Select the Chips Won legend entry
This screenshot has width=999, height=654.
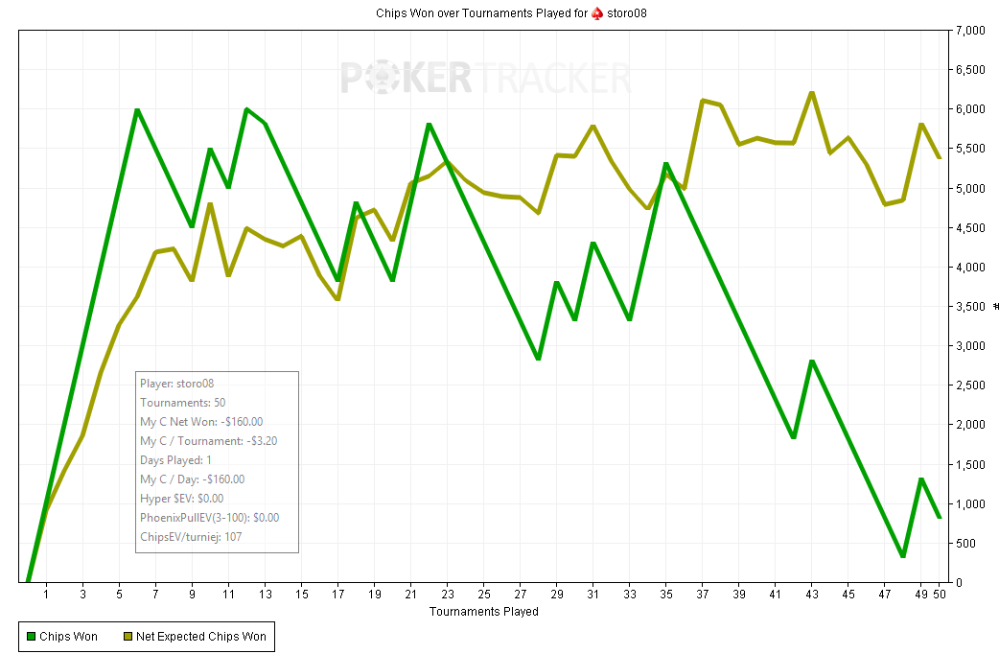(x=62, y=636)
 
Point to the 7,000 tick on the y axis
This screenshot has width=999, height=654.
(x=969, y=31)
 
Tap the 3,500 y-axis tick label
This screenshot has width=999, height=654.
(x=969, y=307)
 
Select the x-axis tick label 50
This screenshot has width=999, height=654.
(x=941, y=596)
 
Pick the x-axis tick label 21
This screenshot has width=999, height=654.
(x=410, y=596)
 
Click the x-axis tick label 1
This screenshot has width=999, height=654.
(x=46, y=596)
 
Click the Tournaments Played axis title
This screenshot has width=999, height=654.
(x=483, y=611)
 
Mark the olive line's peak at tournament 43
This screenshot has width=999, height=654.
(x=812, y=93)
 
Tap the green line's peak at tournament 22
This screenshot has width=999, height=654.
(x=429, y=125)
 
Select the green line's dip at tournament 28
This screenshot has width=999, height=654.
(x=539, y=359)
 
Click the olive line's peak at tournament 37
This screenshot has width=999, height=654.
(x=703, y=101)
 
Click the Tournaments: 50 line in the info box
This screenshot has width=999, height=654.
(x=182, y=403)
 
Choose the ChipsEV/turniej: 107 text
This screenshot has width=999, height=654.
(x=191, y=537)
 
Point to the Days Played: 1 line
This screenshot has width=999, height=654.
(x=176, y=460)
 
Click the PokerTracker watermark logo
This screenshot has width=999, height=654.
(x=485, y=78)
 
